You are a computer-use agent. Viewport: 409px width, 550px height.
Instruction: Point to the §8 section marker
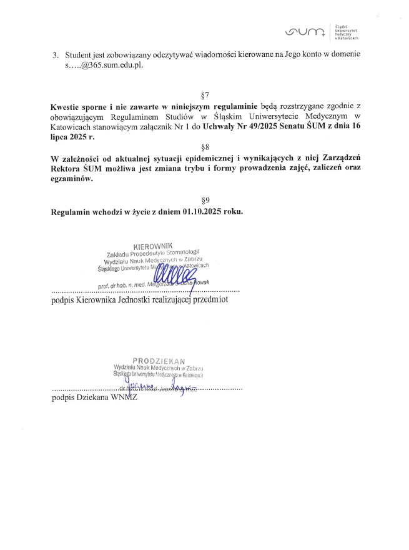pyautogui.click(x=205, y=146)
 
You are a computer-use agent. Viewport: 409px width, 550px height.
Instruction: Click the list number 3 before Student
pyautogui.click(x=55, y=55)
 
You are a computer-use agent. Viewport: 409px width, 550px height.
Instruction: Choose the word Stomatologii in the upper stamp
pyautogui.click(x=185, y=252)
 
